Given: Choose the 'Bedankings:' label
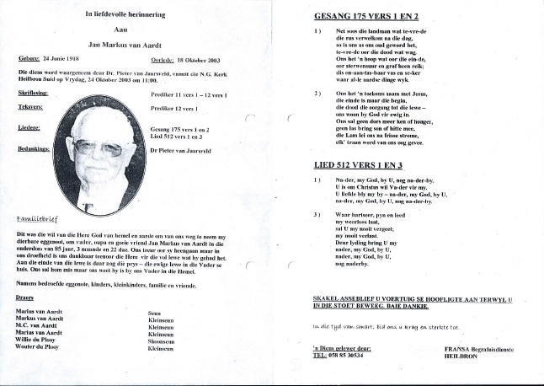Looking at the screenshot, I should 35,147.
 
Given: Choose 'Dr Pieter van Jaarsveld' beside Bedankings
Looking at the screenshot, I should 186,149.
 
